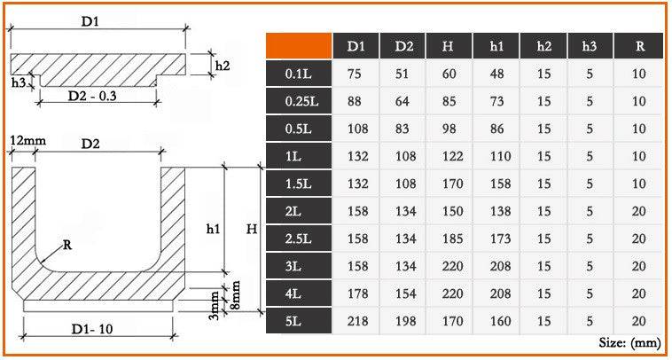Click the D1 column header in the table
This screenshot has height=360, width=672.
[356, 44]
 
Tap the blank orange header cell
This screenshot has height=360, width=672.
[299, 44]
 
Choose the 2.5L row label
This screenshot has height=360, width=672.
[298, 239]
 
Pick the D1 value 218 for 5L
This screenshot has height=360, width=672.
[356, 322]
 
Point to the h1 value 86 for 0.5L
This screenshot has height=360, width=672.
[497, 129]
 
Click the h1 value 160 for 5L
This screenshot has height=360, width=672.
[497, 322]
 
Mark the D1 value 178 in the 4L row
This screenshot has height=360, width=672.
[356, 294]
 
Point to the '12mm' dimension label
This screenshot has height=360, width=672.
[27, 141]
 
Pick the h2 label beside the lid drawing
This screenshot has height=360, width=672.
[223, 65]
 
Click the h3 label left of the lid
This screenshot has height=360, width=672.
[18, 82]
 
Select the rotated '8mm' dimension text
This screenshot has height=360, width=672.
[237, 295]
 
